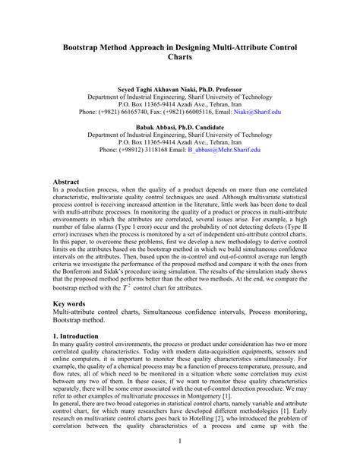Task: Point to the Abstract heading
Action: [x=67, y=183]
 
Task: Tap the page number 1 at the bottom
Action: [x=180, y=441]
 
